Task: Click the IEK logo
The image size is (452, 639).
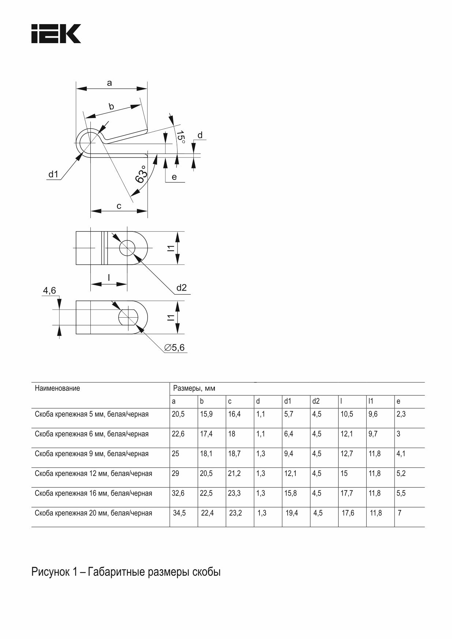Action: coord(56,34)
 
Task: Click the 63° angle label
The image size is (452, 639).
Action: coord(141,174)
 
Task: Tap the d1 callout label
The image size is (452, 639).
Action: coord(53,174)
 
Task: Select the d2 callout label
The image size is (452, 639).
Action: coord(181,288)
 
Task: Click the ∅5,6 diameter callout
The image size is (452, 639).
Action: coord(175,347)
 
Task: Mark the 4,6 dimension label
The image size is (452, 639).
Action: coord(49,291)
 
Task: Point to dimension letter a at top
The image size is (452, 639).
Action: coord(109,83)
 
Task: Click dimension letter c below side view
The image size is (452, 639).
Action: coord(119,206)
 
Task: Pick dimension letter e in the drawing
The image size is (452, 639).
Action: coord(174,177)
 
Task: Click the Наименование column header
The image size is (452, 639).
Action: coord(57,388)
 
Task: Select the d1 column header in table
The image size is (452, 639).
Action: coord(288,401)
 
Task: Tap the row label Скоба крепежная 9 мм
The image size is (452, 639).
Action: coord(91,454)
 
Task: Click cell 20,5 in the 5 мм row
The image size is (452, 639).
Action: coord(178,414)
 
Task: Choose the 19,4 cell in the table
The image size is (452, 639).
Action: coord(292,513)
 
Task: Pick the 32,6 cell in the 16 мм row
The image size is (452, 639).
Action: coord(178,493)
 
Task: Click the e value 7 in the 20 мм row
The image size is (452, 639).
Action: coord(399,513)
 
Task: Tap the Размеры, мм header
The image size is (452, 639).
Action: coord(194,388)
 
